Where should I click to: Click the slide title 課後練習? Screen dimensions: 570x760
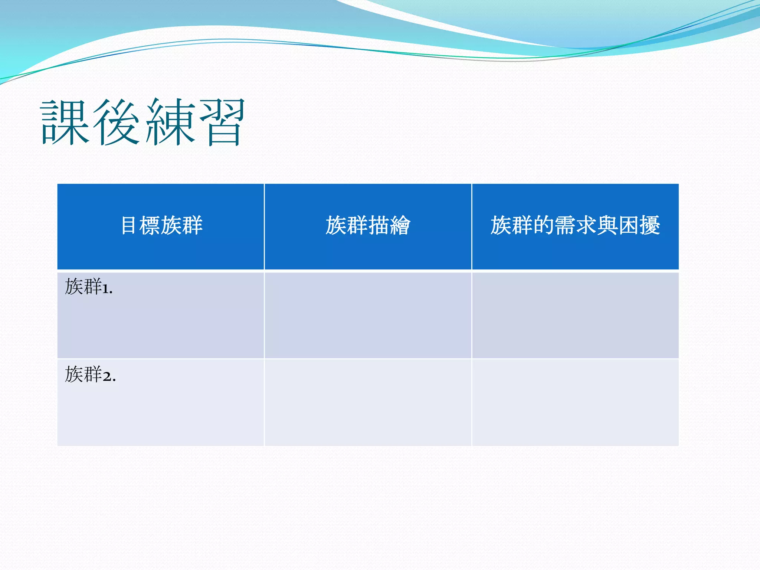tap(143, 122)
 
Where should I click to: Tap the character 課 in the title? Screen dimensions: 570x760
tap(65, 122)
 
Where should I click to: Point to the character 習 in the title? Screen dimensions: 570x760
tap(222, 122)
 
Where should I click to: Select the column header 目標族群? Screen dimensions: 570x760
tap(162, 225)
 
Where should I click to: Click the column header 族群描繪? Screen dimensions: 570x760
tap(368, 225)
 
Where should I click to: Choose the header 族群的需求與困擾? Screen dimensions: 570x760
tap(575, 225)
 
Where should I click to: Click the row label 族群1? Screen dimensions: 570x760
tap(89, 287)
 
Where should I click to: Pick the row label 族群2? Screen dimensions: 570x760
tap(90, 374)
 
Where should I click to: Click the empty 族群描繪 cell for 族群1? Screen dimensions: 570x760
tap(368, 315)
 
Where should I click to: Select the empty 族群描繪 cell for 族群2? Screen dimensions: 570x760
tap(368, 403)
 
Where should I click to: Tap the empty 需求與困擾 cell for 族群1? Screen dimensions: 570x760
tap(575, 315)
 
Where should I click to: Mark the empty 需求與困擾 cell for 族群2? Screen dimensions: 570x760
tap(575, 403)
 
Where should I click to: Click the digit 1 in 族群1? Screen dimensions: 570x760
tap(105, 289)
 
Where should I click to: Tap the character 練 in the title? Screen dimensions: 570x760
tap(170, 122)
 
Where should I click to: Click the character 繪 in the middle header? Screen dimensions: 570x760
tap(400, 225)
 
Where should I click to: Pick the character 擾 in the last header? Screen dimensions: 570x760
tap(650, 225)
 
